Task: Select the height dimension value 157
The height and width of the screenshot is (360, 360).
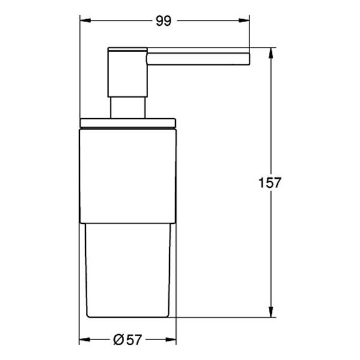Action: coord(271,182)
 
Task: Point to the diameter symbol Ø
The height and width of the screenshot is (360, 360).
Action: coord(119,340)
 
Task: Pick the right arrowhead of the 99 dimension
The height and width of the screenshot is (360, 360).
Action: coord(244,20)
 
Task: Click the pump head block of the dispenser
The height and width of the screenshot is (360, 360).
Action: coord(127,70)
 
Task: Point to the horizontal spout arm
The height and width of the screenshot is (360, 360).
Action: coord(198,58)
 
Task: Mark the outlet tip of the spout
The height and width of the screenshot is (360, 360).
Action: coord(247,58)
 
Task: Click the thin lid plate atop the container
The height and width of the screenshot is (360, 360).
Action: coord(128,123)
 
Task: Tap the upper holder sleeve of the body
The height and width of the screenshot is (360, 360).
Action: coord(128,174)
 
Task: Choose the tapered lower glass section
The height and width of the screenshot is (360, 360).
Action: coord(128,270)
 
